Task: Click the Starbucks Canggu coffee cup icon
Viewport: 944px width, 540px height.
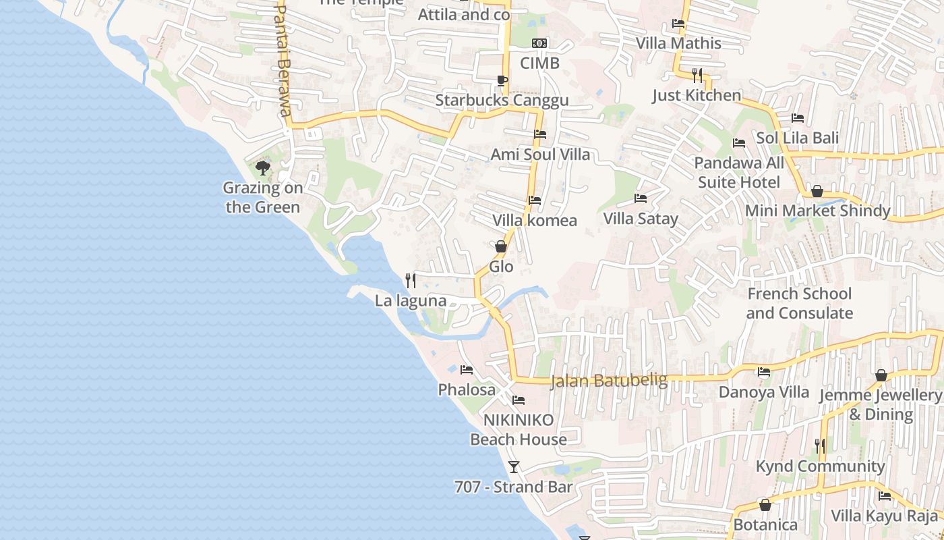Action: [502, 81]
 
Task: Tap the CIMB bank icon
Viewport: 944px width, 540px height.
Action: [539, 43]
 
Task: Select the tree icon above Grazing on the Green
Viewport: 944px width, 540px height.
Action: [263, 167]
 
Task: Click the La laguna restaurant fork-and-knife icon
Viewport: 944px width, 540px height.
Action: [410, 280]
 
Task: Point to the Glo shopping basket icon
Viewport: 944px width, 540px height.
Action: [501, 246]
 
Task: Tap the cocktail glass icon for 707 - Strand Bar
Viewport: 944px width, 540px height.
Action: [514, 466]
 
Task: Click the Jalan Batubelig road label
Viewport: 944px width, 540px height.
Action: [609, 381]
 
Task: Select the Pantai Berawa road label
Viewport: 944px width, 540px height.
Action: [284, 61]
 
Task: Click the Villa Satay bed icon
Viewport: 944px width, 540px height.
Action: [641, 198]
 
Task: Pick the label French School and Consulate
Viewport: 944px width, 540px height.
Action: [799, 303]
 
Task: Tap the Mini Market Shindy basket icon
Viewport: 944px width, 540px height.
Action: [817, 191]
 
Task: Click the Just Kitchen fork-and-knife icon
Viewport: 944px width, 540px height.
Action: [697, 75]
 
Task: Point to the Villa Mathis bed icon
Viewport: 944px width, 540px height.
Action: [678, 24]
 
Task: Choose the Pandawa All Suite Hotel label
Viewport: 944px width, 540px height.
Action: [739, 172]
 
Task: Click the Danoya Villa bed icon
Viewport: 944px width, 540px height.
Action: [764, 372]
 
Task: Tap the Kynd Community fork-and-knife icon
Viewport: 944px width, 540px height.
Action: [819, 446]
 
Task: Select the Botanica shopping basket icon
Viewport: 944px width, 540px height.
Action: [765, 505]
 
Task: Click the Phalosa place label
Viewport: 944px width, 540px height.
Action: [467, 389]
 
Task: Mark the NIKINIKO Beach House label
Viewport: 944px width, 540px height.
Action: [519, 429]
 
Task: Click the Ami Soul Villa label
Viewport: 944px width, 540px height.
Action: [540, 154]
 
